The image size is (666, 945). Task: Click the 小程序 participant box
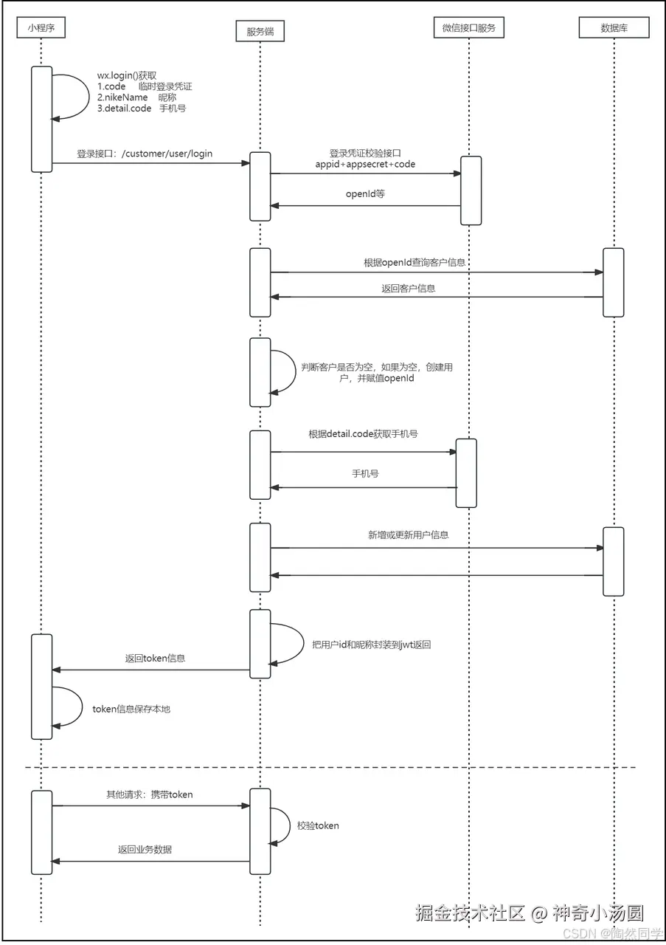coord(41,28)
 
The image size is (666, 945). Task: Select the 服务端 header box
coord(260,31)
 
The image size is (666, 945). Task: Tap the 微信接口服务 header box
coord(469,28)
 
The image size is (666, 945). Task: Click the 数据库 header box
coord(614,28)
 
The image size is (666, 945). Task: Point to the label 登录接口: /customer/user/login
coord(145,154)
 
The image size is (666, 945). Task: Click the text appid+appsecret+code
coord(365,164)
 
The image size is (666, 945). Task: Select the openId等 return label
coord(365,193)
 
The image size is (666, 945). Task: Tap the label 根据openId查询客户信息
coord(414,262)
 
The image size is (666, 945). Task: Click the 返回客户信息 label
coord(409,288)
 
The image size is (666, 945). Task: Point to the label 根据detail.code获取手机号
coord(363,433)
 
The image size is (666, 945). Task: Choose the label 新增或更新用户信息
coord(409,535)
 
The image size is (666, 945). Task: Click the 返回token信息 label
coord(155,658)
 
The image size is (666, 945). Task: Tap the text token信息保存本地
coord(131,709)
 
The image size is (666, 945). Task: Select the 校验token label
coord(318,825)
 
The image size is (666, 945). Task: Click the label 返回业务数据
coord(145,850)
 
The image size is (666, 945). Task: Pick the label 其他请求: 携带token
coord(149,795)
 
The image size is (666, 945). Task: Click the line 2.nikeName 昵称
coord(136,97)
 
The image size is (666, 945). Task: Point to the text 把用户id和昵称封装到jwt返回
coord(372,645)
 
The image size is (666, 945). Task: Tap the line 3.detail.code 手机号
coord(142,109)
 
